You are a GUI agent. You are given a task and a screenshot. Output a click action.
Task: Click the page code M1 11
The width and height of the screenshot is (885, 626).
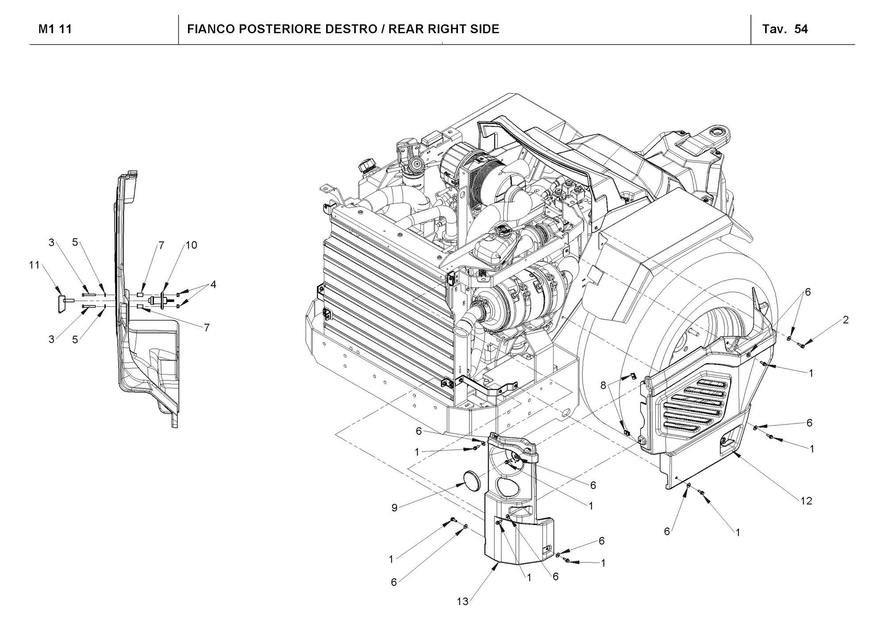[55, 29]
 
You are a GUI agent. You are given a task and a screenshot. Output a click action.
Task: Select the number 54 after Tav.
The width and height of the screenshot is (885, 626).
[801, 29]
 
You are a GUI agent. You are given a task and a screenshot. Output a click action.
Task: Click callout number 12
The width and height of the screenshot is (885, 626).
[806, 501]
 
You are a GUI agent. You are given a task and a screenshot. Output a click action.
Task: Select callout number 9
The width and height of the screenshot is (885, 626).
[394, 508]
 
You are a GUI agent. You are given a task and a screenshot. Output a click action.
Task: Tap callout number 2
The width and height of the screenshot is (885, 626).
[846, 320]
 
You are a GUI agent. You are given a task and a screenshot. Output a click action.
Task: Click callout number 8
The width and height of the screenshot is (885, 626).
[603, 386]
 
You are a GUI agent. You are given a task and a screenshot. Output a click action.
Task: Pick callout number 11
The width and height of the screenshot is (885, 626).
[35, 265]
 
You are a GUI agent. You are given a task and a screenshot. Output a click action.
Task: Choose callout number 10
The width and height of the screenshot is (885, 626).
[191, 245]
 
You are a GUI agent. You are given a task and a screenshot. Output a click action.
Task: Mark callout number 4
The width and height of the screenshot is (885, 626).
[213, 285]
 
